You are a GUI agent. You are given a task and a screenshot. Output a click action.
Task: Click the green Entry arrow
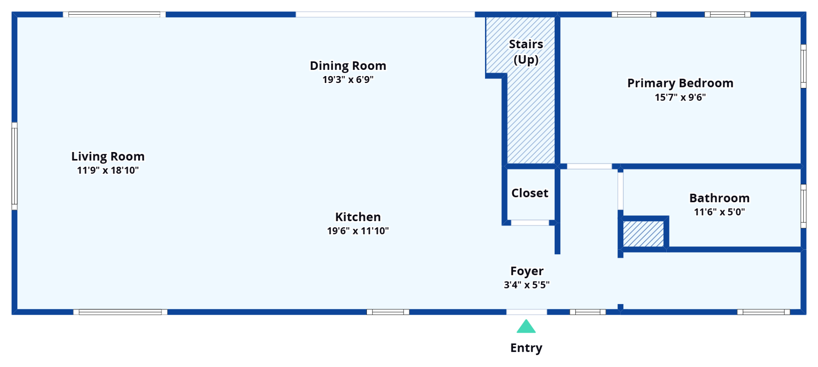click(x=526, y=327)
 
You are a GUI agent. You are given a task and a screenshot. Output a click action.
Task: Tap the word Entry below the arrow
click(x=526, y=348)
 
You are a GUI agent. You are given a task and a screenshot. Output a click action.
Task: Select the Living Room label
click(x=108, y=157)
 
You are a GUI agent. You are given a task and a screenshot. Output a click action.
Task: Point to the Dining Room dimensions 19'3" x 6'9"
click(x=348, y=80)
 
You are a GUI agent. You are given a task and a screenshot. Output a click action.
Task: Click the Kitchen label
click(x=358, y=217)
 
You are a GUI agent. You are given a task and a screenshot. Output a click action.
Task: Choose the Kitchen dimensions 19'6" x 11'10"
click(x=358, y=231)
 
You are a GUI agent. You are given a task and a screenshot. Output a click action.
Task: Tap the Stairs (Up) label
click(x=526, y=52)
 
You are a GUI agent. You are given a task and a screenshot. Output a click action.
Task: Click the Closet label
click(x=530, y=193)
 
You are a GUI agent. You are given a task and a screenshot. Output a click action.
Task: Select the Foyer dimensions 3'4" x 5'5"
click(x=527, y=285)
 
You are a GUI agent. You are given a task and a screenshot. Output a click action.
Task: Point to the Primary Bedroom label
click(x=680, y=83)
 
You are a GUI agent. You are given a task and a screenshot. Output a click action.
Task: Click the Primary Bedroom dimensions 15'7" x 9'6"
click(x=680, y=97)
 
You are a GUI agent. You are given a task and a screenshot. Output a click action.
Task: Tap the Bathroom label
click(x=719, y=198)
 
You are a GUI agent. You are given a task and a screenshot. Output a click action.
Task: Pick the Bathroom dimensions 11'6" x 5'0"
click(x=719, y=212)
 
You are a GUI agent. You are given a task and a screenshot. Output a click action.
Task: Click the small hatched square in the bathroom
click(x=643, y=234)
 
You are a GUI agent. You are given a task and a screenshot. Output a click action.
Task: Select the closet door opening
click(x=530, y=223)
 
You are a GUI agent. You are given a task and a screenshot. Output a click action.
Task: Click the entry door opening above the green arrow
click(x=526, y=312)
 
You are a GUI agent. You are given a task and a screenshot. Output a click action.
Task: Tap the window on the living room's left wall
click(x=14, y=166)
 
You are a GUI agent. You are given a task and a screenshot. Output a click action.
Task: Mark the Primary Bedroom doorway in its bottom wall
click(x=589, y=166)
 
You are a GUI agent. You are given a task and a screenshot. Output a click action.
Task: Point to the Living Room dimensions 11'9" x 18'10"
click(x=108, y=170)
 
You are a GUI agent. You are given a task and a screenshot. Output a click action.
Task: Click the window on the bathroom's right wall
click(x=803, y=206)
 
